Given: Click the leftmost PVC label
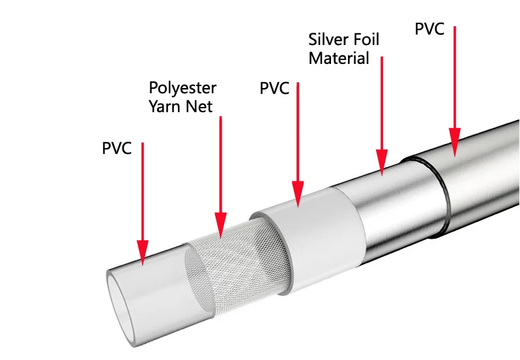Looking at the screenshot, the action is click(117, 148).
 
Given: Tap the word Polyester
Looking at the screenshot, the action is click(182, 89).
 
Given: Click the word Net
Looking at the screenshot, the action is click(199, 106).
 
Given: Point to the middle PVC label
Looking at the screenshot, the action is click(274, 88).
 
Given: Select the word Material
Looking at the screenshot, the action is click(339, 58).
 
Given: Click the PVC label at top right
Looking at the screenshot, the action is click(429, 29).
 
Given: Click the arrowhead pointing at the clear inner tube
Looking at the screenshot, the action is click(143, 252).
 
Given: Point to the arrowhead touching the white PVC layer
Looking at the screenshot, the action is click(298, 194).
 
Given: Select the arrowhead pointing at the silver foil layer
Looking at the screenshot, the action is click(382, 162).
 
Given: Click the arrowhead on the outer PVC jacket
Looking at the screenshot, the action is click(455, 142).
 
